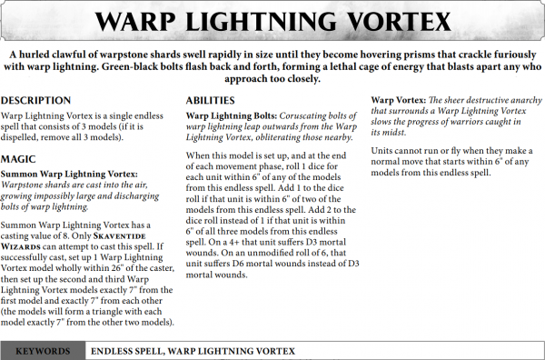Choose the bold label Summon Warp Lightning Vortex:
click(x=70, y=172)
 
